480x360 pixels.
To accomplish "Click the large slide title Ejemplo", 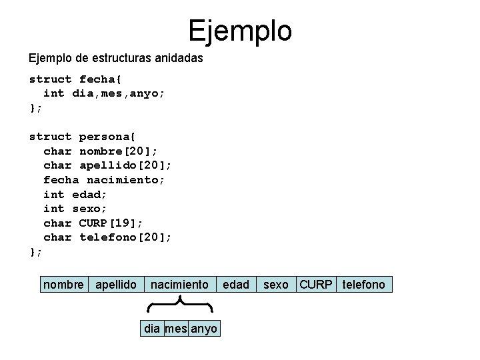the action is click(239, 30).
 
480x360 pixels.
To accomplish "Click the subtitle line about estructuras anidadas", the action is click(116, 59).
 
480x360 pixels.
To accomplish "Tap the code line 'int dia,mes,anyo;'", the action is click(104, 93).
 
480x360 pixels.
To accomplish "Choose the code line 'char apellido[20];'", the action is click(111, 165).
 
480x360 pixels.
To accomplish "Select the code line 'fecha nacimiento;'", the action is click(104, 179).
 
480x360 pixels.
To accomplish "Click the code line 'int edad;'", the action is click(75, 194).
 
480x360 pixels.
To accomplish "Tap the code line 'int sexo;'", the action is click(75, 208).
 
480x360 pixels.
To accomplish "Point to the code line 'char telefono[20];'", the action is click(107, 237).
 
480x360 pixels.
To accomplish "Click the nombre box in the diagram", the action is click(63, 285).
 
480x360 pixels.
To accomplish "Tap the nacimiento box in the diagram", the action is click(179, 285).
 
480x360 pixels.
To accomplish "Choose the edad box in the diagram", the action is click(236, 285).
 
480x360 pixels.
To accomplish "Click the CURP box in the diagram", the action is click(315, 285).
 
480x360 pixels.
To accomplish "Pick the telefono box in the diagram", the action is click(364, 285).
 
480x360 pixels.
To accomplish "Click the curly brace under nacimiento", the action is click(179, 306).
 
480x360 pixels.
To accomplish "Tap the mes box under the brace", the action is click(176, 329).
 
